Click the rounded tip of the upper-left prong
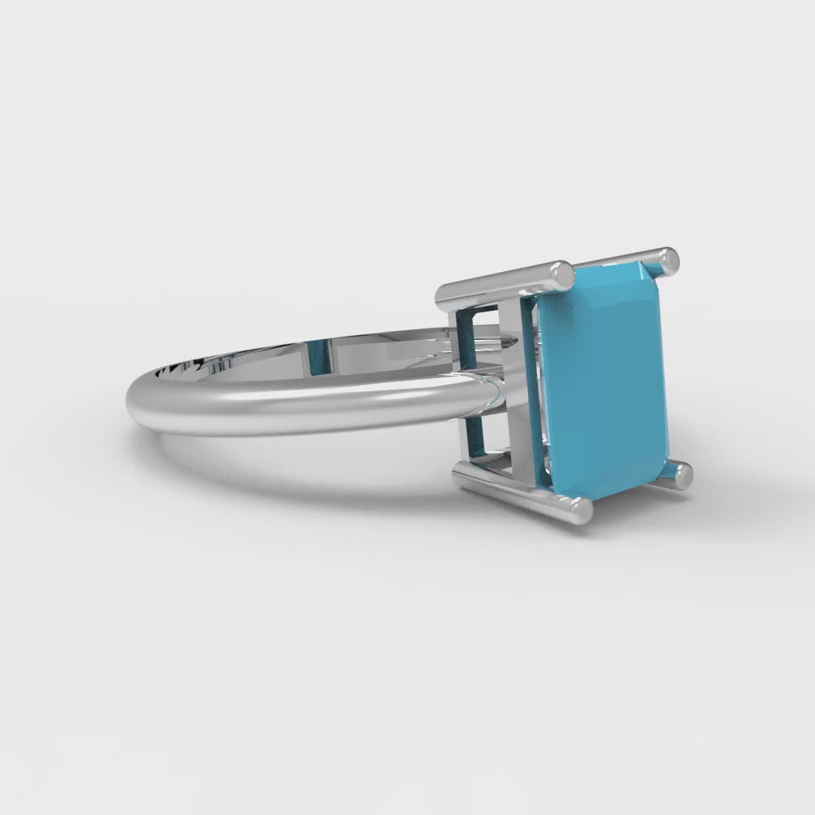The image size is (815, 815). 562,275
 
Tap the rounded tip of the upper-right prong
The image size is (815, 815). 668,259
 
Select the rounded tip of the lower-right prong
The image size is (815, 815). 680,474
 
